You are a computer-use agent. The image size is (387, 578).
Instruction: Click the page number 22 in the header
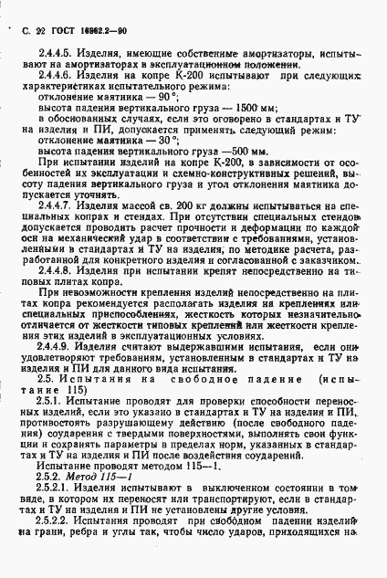40,31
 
